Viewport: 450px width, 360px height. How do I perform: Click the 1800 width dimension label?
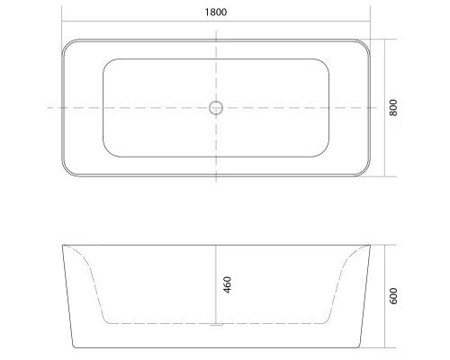(214, 13)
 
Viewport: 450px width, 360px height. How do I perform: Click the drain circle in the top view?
(215, 108)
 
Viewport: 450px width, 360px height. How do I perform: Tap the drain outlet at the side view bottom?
(215, 322)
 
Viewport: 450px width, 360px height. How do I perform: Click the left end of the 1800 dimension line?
(61, 22)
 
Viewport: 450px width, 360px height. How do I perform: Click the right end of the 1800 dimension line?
(370, 22)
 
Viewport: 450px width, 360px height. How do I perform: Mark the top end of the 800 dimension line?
(384, 39)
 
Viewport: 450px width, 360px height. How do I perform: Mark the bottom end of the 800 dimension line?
(384, 176)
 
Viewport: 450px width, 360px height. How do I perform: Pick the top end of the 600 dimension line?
(384, 245)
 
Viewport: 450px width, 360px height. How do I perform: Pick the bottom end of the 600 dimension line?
(384, 347)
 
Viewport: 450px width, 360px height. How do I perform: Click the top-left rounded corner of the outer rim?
(67, 45)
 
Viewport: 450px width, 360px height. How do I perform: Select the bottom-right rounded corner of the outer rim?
(364, 170)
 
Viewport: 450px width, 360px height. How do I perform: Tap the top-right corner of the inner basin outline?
(322, 65)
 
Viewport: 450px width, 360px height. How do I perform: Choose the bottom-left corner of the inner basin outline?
(109, 151)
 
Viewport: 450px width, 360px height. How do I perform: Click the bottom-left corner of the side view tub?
(74, 346)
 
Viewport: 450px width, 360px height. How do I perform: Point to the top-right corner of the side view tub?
(369, 245)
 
